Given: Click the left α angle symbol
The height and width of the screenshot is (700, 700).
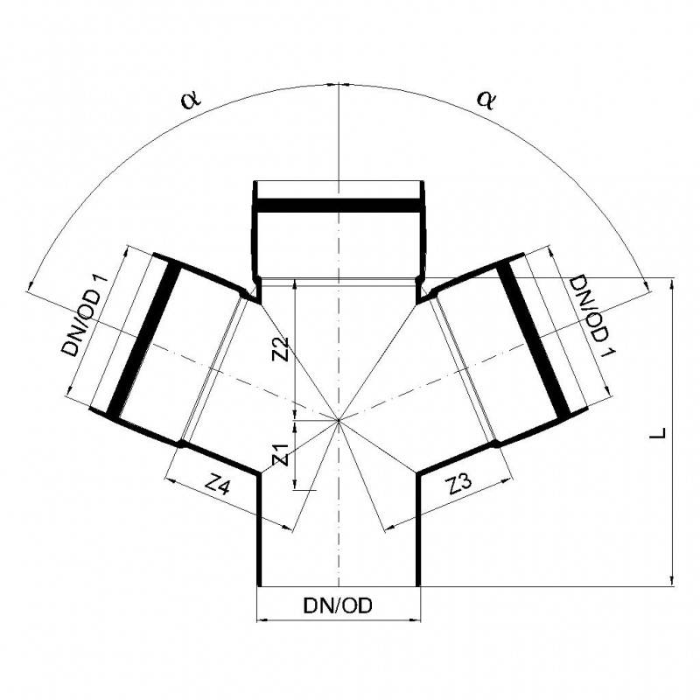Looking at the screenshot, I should pos(191,99).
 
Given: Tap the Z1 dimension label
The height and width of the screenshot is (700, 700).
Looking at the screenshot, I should pos(281,454).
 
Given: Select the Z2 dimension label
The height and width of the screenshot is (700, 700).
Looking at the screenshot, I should pos(281,349).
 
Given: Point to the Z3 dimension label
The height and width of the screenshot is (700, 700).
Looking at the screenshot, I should pos(462,486).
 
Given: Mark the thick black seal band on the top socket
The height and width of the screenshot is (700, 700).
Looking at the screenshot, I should pos(338,207).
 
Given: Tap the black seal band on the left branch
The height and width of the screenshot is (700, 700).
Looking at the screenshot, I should pos(142,338).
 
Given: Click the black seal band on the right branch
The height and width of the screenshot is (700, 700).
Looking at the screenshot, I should pos(534,338).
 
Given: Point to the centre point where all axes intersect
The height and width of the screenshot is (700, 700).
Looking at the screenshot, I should pos(338,421).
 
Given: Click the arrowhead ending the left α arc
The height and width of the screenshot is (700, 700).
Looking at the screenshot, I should pos(31,284).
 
